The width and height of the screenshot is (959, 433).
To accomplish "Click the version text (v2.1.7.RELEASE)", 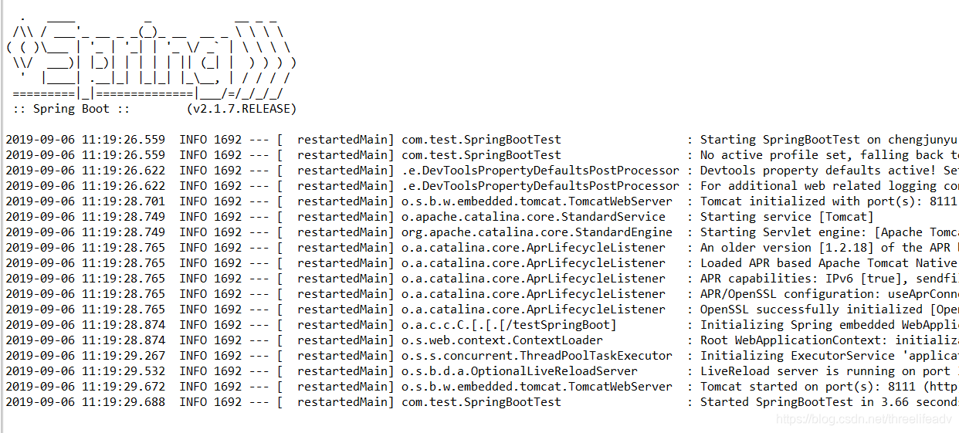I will [x=242, y=109].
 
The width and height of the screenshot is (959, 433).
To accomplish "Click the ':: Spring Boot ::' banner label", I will [x=76, y=109].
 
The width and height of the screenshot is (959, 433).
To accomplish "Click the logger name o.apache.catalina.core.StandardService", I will [x=533, y=217].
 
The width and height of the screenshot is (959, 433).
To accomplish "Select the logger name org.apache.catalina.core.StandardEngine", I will [x=537, y=232].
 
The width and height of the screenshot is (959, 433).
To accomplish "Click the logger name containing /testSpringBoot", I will [x=509, y=325].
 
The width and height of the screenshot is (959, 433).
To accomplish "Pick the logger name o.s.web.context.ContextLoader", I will [x=502, y=340].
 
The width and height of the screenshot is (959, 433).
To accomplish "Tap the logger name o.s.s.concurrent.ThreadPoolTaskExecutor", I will [x=537, y=356].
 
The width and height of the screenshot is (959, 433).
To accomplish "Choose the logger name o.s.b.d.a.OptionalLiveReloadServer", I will [x=520, y=371].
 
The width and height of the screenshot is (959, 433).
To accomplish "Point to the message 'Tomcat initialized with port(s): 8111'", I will [x=829, y=201].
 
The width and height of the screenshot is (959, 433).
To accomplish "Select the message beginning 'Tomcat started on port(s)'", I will [x=829, y=387].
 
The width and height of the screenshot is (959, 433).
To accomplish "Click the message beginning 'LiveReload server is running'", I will [x=829, y=371].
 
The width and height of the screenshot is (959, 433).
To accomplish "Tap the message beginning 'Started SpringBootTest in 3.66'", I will [x=829, y=402].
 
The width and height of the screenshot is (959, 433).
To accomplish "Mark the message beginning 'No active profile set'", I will [x=829, y=155].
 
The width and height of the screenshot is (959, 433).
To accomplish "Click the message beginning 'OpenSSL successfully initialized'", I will [x=829, y=310].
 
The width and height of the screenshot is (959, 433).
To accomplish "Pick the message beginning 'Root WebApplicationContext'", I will [x=829, y=340].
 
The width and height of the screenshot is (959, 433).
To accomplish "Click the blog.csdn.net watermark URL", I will [x=863, y=419].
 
